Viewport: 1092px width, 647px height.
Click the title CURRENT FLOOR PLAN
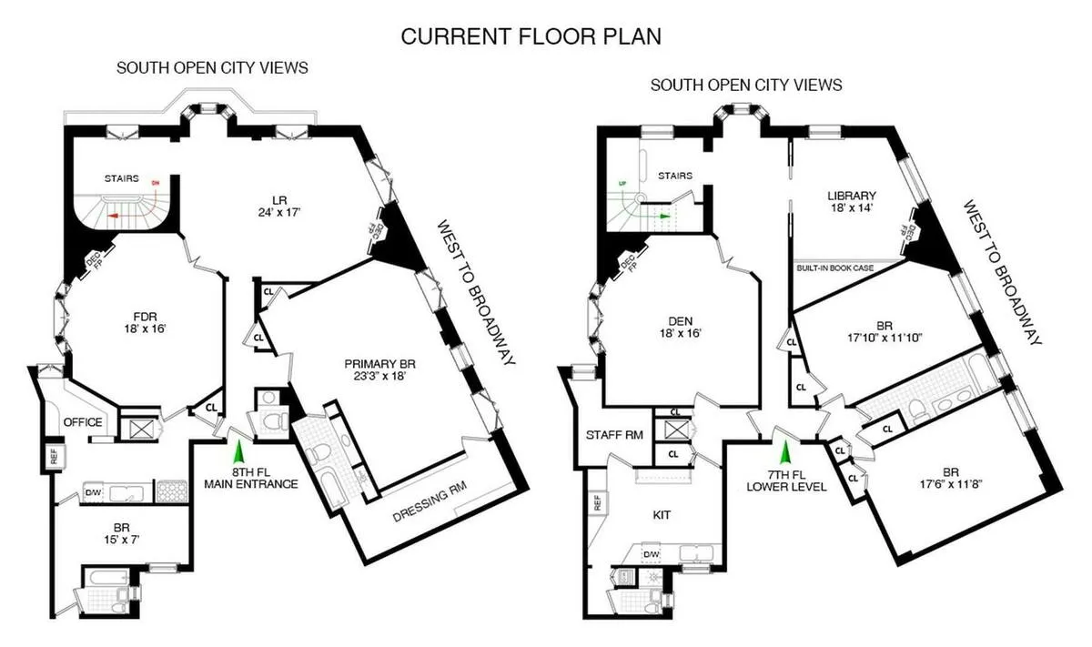(532, 36)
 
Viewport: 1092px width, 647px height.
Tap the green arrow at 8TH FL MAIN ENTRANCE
(239, 450)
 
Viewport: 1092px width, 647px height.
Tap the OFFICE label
(83, 422)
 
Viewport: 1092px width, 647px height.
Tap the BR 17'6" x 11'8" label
(950, 479)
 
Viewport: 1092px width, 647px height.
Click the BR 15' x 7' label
(120, 532)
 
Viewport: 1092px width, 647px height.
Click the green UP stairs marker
(622, 183)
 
